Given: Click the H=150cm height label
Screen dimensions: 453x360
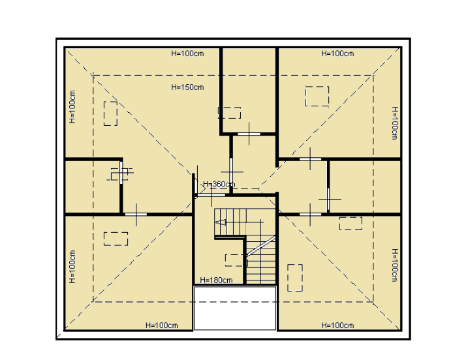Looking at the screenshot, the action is coord(187,87).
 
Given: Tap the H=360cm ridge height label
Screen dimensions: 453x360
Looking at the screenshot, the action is coord(219,184).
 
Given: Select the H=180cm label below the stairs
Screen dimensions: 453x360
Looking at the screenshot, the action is coord(216,280).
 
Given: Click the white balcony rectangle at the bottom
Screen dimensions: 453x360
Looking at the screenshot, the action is coord(235,308).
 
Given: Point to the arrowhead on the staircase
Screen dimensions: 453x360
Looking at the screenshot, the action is coord(221,222).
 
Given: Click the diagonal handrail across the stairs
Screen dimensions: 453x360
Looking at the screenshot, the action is coord(260,246).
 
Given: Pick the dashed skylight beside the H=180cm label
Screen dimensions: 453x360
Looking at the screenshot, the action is coord(236,260).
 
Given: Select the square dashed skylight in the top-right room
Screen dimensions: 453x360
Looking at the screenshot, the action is coord(317,96).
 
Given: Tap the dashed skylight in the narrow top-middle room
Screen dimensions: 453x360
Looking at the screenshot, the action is coord(229,113).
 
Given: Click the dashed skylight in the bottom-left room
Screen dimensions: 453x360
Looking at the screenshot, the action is coord(116,239).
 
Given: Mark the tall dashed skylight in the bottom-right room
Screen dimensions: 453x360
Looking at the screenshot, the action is coord(295,277).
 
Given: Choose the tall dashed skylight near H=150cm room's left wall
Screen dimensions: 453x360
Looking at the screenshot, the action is coord(111,113).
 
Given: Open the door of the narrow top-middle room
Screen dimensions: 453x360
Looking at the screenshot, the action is coord(249,134).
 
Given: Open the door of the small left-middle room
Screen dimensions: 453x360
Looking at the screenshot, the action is coord(121,173).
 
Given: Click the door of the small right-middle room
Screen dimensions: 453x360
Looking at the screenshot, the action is coord(328,199).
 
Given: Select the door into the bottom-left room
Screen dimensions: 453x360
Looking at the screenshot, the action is coord(136,215).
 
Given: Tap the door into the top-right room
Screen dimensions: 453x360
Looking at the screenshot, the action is coord(310,159).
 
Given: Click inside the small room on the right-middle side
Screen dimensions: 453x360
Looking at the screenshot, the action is coord(365,187).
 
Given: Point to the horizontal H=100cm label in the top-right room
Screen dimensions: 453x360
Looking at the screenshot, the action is coord(337,53).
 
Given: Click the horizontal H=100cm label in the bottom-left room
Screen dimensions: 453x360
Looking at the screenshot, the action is coord(162,325).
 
